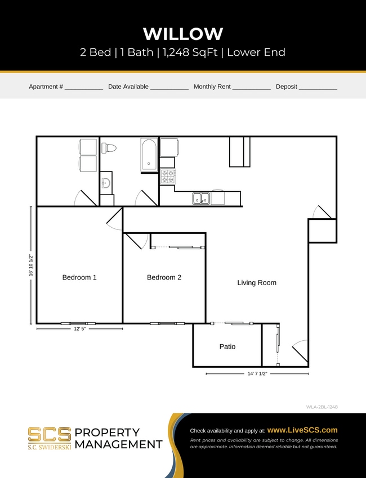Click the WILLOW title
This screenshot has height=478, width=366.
click(x=183, y=34)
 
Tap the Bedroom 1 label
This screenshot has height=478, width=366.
click(x=79, y=277)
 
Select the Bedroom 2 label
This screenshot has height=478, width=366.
click(x=164, y=277)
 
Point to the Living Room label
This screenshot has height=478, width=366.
click(x=257, y=283)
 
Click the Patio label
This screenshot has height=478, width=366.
click(x=227, y=346)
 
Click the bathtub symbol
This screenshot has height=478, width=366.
click(x=149, y=155)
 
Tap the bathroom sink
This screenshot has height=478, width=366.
click(x=105, y=183)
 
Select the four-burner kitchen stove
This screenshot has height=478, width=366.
click(x=168, y=177)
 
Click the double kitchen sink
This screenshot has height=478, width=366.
click(x=201, y=198)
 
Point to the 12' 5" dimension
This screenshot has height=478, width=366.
click(x=79, y=329)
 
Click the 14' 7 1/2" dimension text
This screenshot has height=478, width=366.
click(x=257, y=373)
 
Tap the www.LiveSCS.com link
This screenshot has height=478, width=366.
click(x=302, y=430)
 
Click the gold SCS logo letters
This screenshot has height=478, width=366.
click(x=50, y=434)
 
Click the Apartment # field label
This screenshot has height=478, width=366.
click(x=46, y=87)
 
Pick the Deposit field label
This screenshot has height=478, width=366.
click(x=286, y=87)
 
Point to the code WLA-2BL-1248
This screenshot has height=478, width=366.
click(x=322, y=406)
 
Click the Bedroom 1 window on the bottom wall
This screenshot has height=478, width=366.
click(x=78, y=323)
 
